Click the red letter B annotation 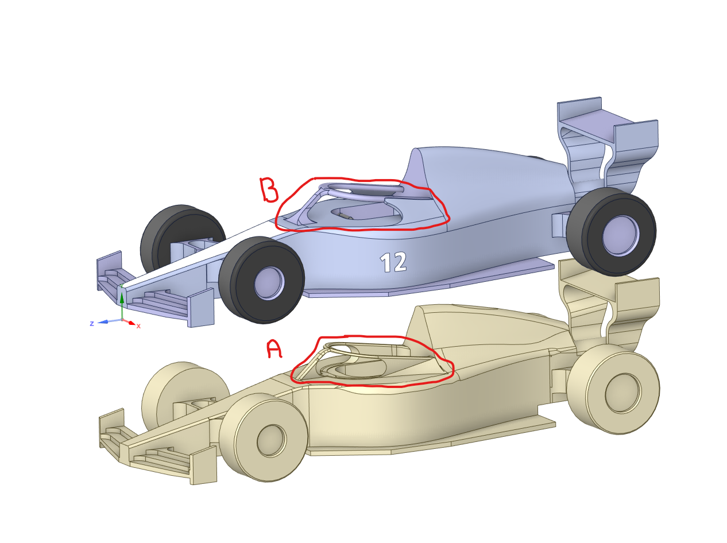pyautogui.click(x=268, y=190)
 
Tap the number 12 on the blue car pyautogui.click(x=393, y=262)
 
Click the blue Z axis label pyautogui.click(x=92, y=324)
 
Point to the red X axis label pyautogui.click(x=138, y=326)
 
